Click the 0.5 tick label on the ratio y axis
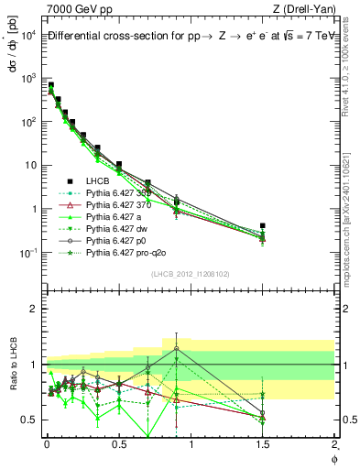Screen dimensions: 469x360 tap(27, 420)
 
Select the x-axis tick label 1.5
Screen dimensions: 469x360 tap(263, 446)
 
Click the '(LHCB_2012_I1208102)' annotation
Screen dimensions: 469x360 tap(190, 275)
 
